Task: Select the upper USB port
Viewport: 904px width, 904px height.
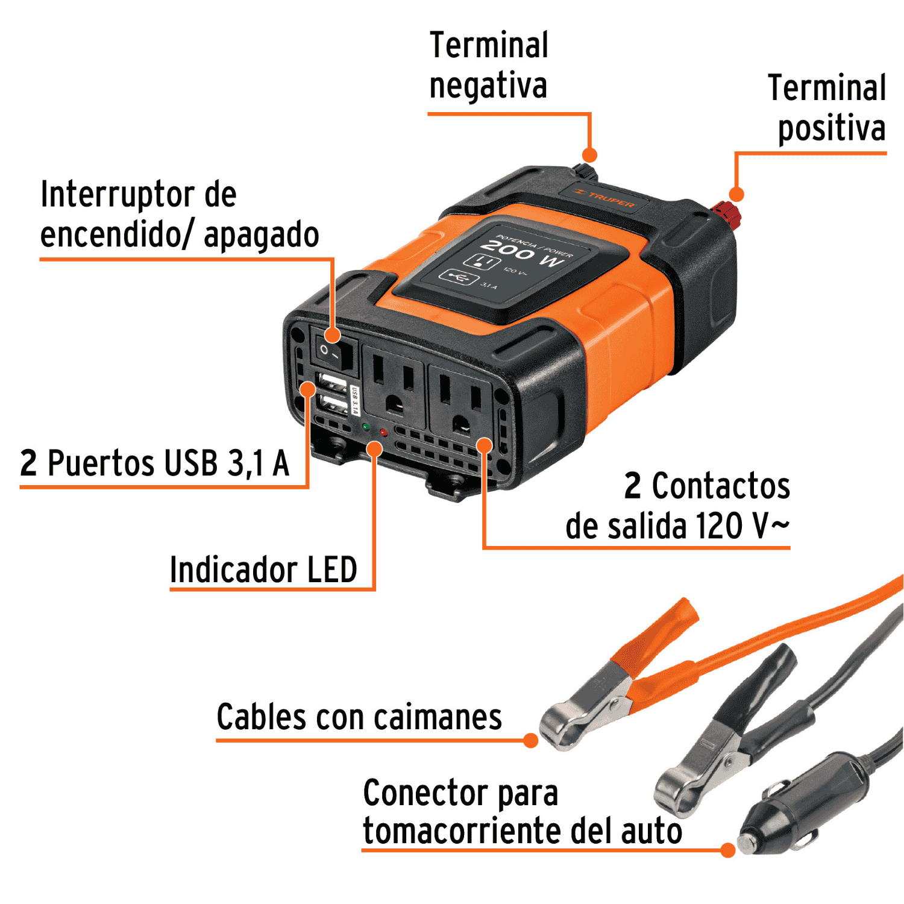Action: (331, 383)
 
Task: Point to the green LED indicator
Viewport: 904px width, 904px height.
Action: (366, 427)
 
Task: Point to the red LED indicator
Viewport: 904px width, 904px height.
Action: (383, 432)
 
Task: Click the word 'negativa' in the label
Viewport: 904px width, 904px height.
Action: (488, 86)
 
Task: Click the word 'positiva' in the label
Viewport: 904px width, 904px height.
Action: (832, 128)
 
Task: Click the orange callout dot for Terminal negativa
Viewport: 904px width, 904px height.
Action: (589, 155)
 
